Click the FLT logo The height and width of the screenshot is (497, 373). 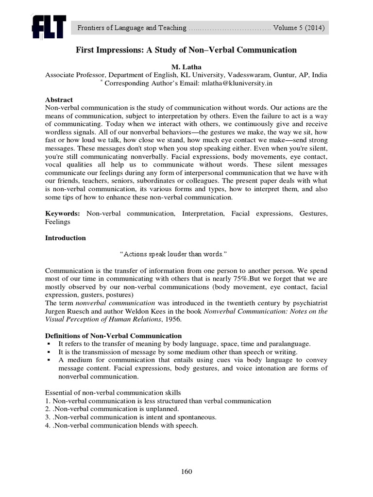click(x=49, y=27)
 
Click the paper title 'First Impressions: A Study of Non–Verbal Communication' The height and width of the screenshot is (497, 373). click(x=185, y=50)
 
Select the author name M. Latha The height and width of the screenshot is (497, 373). click(x=186, y=66)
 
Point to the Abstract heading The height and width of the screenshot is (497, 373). click(x=59, y=99)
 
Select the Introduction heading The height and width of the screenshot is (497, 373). click(x=65, y=238)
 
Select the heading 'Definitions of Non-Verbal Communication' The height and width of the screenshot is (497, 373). click(x=113, y=336)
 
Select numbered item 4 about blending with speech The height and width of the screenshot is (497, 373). click(x=121, y=426)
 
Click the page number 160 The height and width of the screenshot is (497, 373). click(x=186, y=471)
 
